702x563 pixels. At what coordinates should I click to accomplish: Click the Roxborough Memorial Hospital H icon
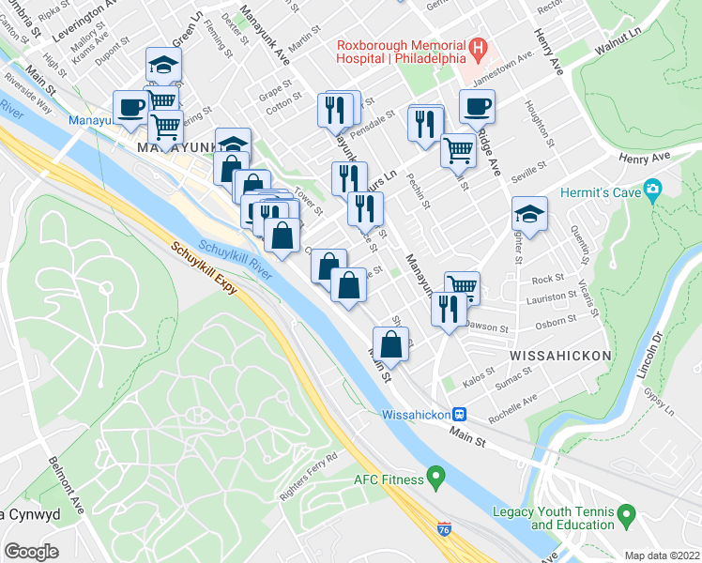tap(479, 45)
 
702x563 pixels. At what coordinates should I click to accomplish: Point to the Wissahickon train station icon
tap(460, 414)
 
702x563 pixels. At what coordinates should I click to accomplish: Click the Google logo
tap(31, 552)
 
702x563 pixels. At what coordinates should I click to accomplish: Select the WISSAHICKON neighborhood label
tap(559, 357)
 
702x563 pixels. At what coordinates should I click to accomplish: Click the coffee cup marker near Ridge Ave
tap(477, 106)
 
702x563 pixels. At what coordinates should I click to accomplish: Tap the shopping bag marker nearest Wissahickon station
tap(391, 342)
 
